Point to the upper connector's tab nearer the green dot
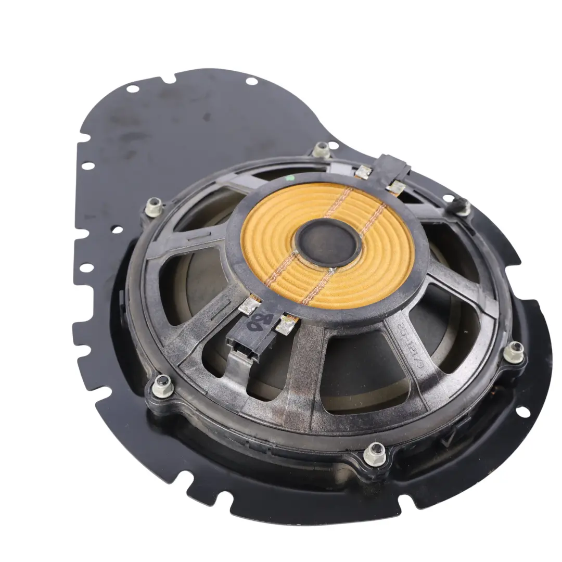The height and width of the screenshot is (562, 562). (363, 172)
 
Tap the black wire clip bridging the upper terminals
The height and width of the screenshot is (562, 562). (395, 165)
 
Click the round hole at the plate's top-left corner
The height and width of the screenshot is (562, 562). (133, 89)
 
